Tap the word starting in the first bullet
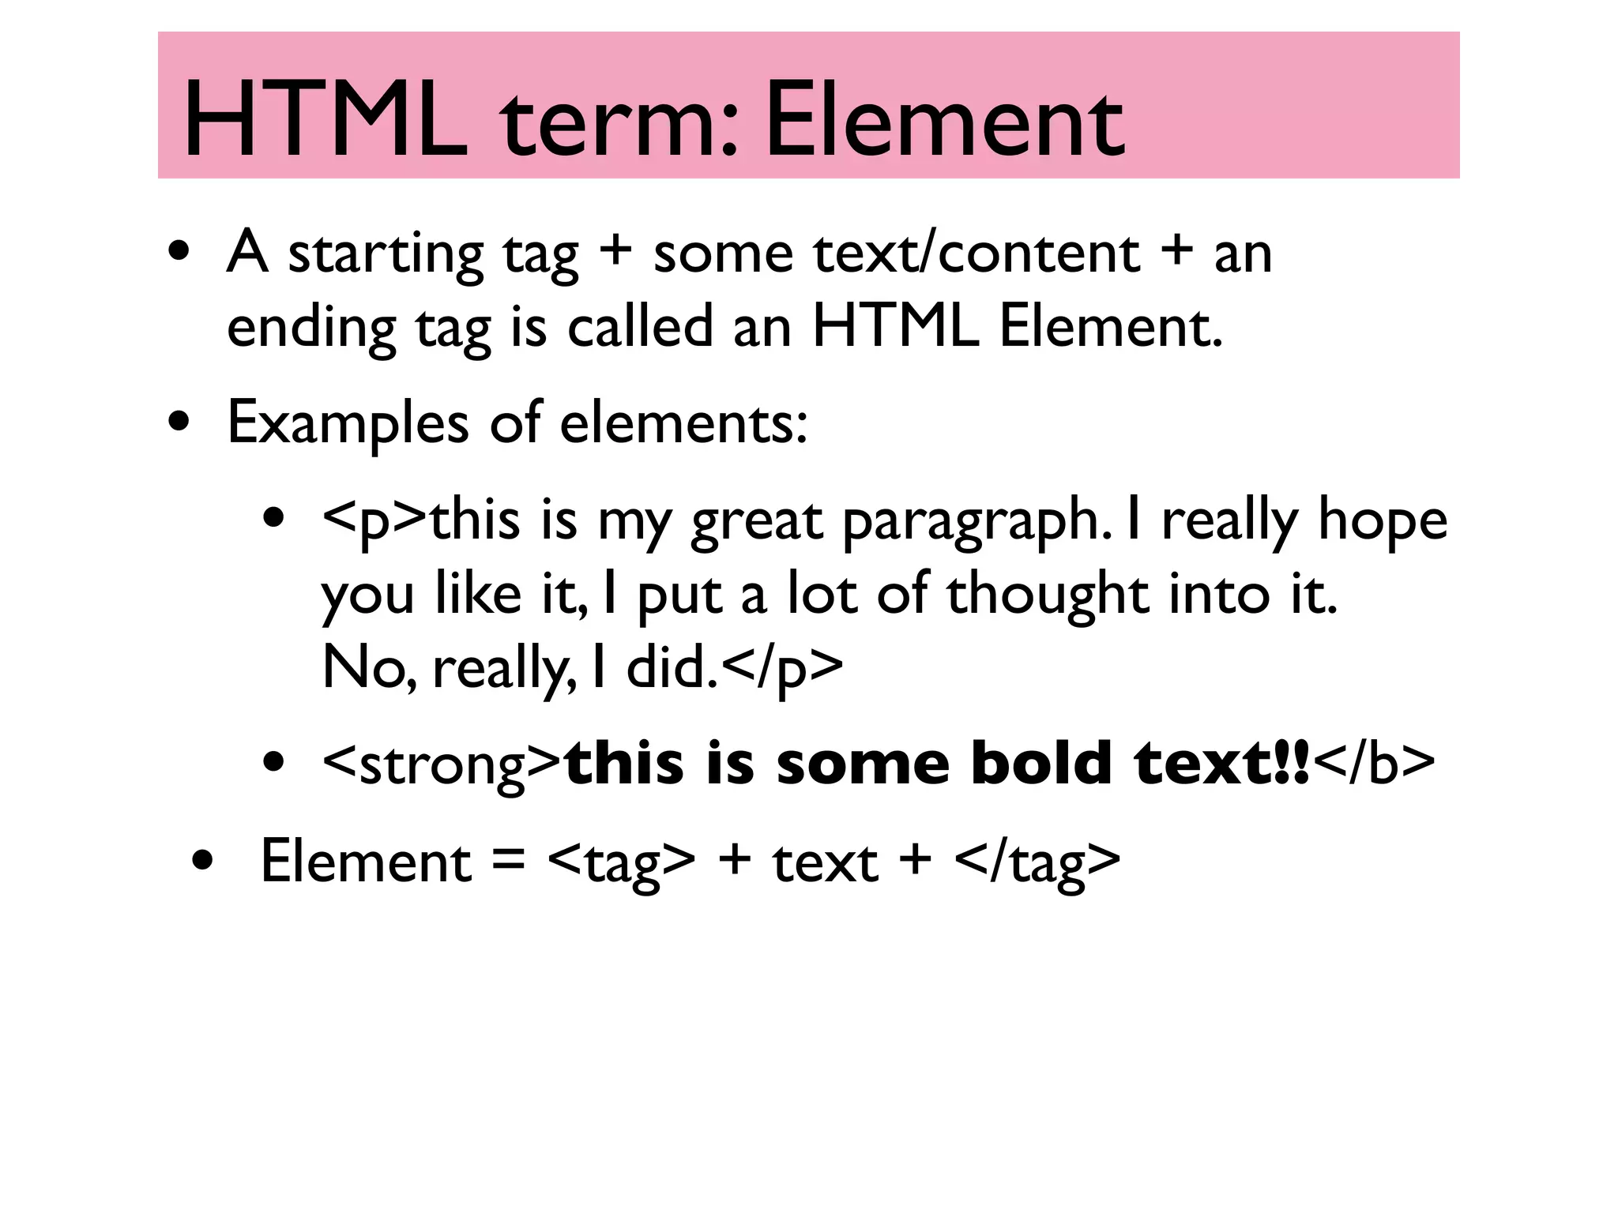pyautogui.click(x=386, y=254)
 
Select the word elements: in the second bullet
pyautogui.click(x=684, y=422)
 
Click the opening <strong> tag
pyautogui.click(x=442, y=764)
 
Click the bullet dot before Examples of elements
pyautogui.click(x=179, y=422)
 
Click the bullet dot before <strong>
pyautogui.click(x=274, y=764)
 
